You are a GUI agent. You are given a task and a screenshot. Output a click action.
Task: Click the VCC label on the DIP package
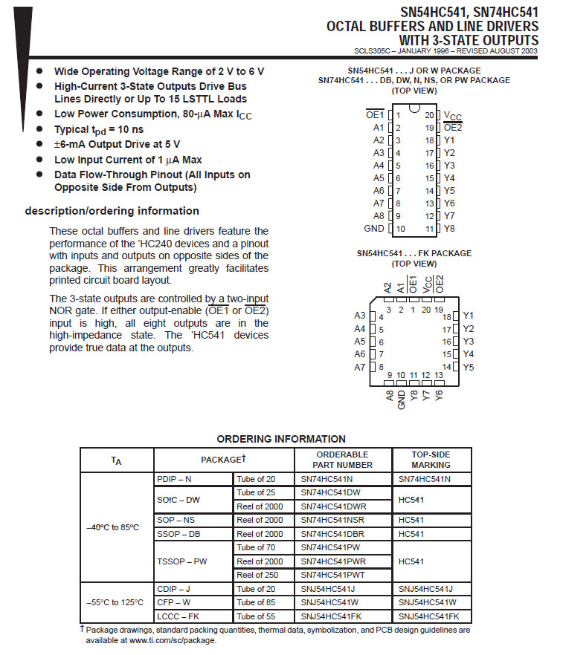452,117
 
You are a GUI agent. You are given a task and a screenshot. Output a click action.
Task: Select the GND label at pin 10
373,229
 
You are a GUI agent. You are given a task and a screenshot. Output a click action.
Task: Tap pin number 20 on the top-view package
429,115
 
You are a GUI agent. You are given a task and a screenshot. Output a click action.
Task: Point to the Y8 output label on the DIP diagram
449,229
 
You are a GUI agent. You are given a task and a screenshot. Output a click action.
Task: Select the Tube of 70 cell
256,547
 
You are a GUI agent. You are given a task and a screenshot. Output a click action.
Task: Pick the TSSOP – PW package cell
182,561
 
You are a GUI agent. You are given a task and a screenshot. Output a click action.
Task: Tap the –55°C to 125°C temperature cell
115,602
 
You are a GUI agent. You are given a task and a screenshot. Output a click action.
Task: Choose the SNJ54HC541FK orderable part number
331,616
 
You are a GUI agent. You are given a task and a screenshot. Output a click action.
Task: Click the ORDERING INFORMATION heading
281,439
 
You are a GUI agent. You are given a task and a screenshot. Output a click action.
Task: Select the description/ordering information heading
112,211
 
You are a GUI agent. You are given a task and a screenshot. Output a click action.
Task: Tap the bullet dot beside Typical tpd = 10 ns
40,130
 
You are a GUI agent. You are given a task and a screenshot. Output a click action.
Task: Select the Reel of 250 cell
260,575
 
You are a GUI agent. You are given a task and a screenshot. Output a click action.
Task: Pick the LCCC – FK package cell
178,616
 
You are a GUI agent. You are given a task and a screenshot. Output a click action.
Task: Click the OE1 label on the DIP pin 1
374,115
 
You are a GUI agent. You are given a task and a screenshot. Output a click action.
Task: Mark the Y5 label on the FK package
469,368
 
